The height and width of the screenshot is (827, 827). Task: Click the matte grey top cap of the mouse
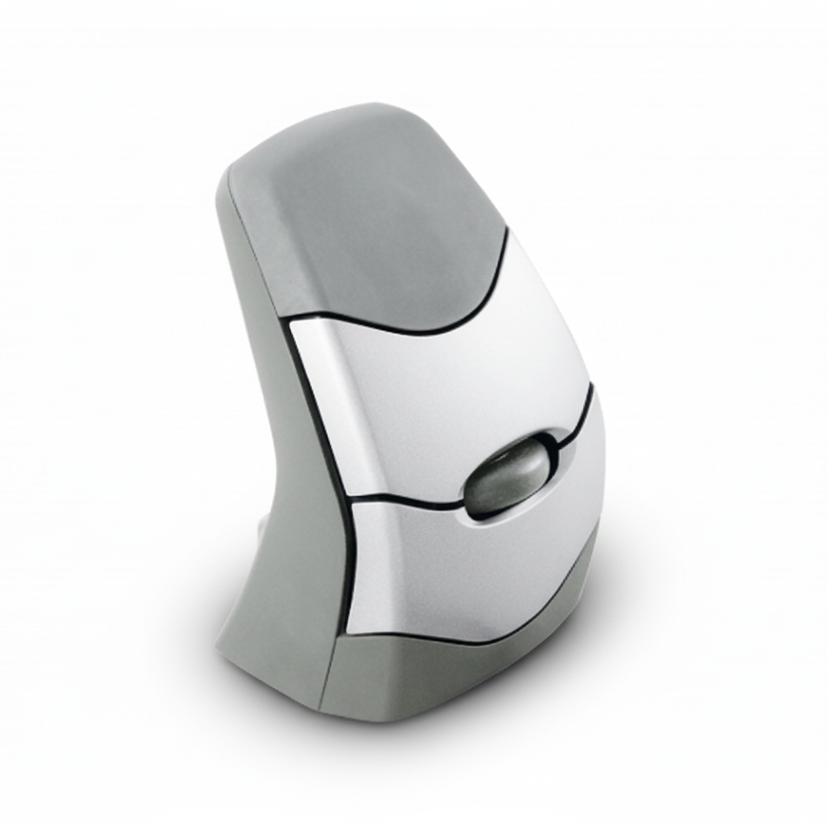[x=363, y=218]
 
